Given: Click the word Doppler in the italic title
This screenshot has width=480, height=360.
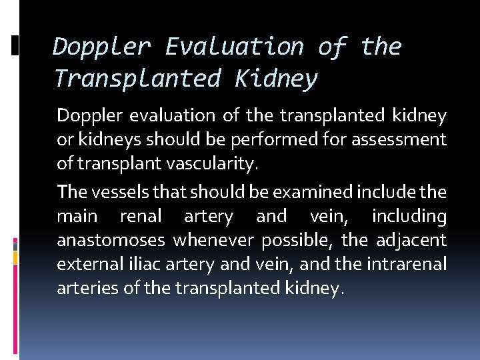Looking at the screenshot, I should click(101, 47).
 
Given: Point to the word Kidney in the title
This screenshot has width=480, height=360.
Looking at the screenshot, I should click(276, 79).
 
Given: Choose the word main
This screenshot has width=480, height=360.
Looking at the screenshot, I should click(77, 216).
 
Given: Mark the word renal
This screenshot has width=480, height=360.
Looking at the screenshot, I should click(140, 216).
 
